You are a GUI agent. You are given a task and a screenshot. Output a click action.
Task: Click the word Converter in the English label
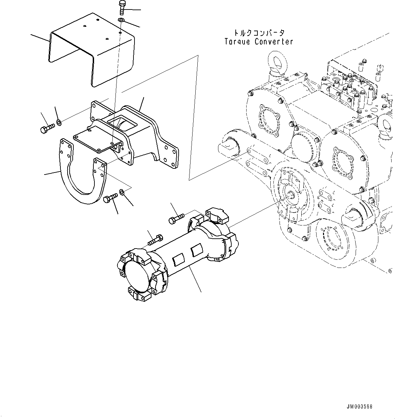(274, 42)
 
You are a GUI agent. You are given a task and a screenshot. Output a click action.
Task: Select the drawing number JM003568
(359, 407)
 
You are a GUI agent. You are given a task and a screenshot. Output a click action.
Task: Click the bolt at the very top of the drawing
(122, 7)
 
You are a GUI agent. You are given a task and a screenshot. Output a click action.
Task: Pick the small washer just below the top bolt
(121, 21)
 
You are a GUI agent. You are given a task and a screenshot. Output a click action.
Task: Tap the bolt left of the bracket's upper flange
(47, 129)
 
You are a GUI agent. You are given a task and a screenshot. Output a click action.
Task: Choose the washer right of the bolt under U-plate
(123, 193)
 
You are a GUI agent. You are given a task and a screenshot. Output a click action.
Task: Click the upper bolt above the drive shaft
(176, 218)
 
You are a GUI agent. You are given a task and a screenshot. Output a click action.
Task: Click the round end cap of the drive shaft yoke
(137, 277)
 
